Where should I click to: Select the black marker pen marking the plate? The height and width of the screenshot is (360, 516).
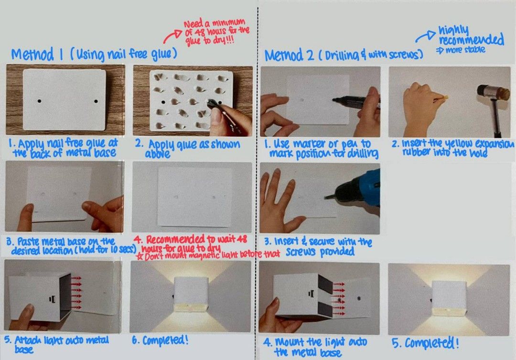point(354,100)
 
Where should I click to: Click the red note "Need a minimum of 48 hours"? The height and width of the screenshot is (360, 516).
point(216,32)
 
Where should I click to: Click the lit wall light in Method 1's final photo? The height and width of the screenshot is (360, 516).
point(191,296)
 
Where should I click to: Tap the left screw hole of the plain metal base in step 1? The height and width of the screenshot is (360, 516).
point(41,101)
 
